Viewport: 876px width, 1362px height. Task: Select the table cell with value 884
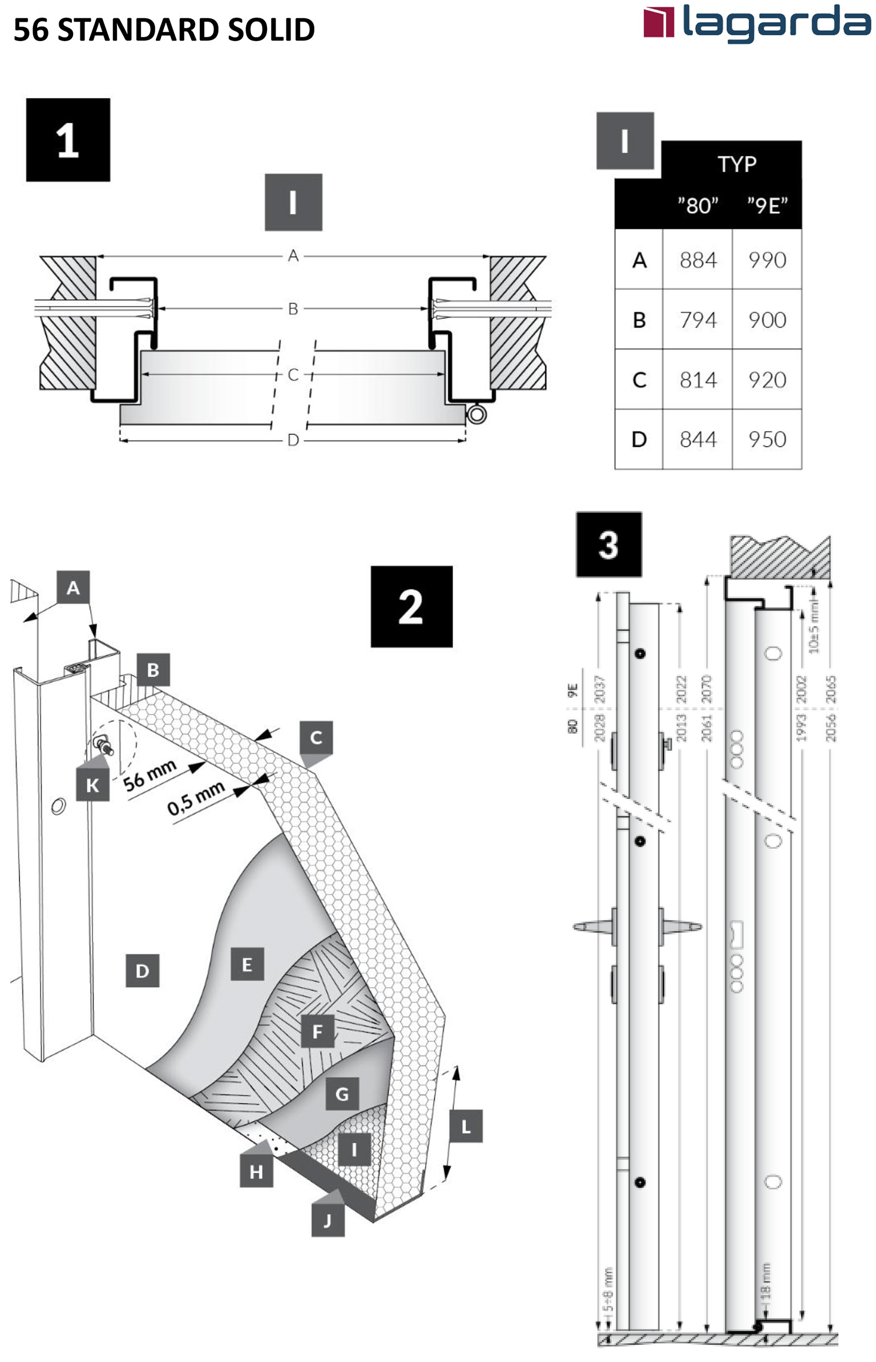[697, 260]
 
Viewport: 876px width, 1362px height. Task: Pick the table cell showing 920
[767, 380]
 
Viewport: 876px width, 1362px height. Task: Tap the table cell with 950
[767, 439]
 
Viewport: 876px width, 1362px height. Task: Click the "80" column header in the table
[697, 205]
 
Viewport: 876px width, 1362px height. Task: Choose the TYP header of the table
[736, 164]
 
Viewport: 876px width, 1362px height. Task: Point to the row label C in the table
[639, 380]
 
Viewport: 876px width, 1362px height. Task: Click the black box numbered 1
[68, 140]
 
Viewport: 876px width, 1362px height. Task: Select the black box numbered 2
[411, 607]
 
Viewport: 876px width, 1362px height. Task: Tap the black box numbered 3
[609, 544]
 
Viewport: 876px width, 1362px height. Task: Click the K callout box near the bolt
[92, 785]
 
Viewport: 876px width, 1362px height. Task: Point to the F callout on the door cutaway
[317, 1031]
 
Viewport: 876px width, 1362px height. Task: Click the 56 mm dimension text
[150, 775]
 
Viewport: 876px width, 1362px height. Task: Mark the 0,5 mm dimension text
[196, 798]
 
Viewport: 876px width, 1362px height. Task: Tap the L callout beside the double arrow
[466, 1126]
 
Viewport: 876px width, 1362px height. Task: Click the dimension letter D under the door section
[293, 440]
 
